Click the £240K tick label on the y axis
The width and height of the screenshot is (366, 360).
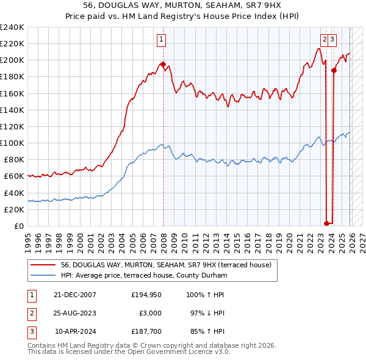pos(12,27)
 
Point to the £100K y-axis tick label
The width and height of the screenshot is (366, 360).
pos(12,143)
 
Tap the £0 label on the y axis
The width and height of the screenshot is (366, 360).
pos(18,226)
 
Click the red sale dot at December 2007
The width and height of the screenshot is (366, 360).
pos(163,64)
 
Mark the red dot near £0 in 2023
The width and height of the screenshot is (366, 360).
pos(326,223)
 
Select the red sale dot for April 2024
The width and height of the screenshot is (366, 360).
pos(334,70)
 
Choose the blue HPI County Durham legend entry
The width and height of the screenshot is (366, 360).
pos(144,275)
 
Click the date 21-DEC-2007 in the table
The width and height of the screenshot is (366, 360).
pos(74,294)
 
